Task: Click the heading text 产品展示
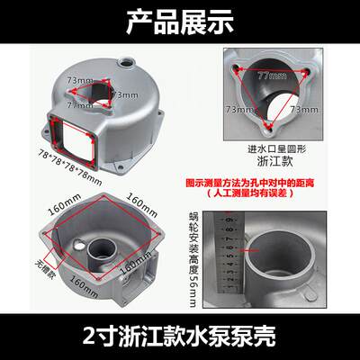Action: pos(180,19)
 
